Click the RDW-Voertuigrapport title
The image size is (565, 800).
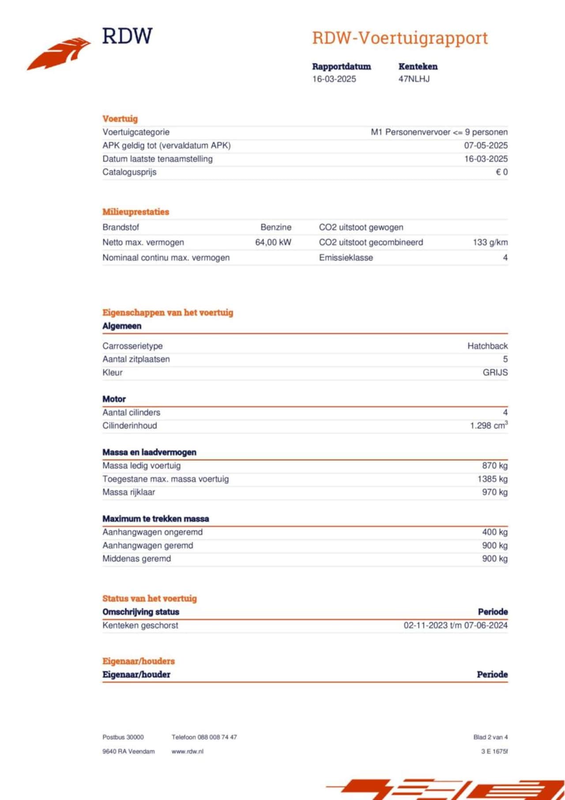point(400,38)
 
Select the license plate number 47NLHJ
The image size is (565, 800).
point(414,79)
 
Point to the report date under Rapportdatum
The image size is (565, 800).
point(334,79)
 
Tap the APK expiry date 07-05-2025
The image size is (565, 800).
point(486,145)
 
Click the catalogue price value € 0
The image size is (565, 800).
point(501,172)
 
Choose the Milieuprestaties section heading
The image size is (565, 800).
point(136,212)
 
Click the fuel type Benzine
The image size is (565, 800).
point(276,227)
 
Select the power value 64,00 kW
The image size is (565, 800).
point(273,242)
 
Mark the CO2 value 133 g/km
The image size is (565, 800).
point(490,242)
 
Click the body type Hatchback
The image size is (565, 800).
point(487,346)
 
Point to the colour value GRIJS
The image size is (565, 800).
point(495,373)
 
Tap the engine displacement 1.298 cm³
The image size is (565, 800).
point(488,426)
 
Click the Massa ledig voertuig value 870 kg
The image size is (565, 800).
point(494,466)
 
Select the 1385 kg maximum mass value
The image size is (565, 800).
point(492,479)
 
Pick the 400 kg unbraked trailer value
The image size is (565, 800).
point(494,532)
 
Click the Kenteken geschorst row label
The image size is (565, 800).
point(140,626)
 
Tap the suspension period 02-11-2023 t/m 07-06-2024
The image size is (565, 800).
point(456,626)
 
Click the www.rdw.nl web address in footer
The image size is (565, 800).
point(187,751)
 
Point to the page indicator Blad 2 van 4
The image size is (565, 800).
point(490,737)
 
